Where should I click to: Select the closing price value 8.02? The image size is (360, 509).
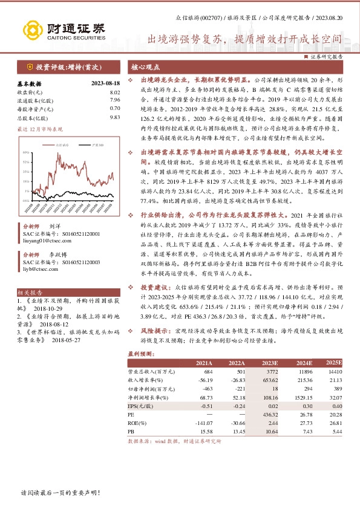click(115, 91)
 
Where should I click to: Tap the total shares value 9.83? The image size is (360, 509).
click(115, 117)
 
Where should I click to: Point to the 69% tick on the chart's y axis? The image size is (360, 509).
click(25, 153)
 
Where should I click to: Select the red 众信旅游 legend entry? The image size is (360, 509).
click(58, 146)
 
